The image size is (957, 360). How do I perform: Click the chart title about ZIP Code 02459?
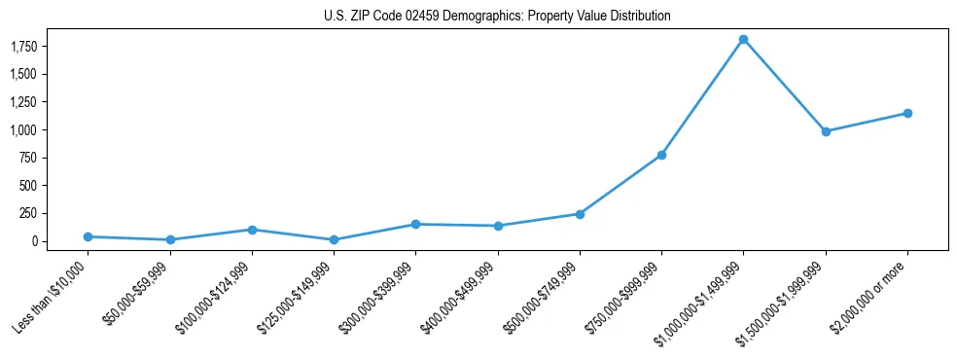point(497,17)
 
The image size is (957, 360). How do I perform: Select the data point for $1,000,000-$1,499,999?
point(743,40)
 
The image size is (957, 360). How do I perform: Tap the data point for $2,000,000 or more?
point(907,113)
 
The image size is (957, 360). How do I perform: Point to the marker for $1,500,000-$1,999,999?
point(826,131)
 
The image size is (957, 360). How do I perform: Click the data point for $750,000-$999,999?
point(661,155)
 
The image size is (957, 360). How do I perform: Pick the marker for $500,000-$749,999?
point(580,214)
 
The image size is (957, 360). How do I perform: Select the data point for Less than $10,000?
point(88,236)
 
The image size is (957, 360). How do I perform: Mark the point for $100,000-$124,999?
point(252,230)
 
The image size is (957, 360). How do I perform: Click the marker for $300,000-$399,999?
point(415,224)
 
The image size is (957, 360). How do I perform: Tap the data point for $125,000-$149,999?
point(334,239)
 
